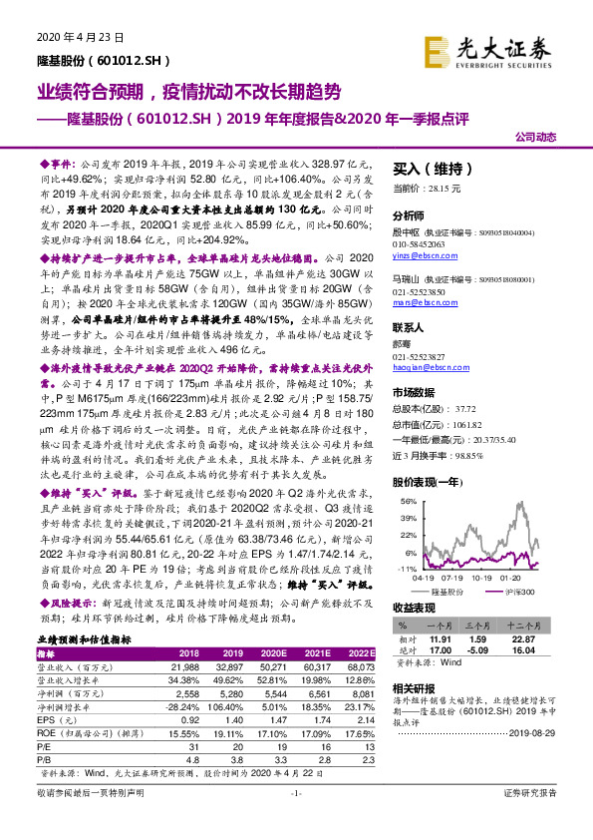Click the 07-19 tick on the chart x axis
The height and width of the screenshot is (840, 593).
(x=457, y=577)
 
